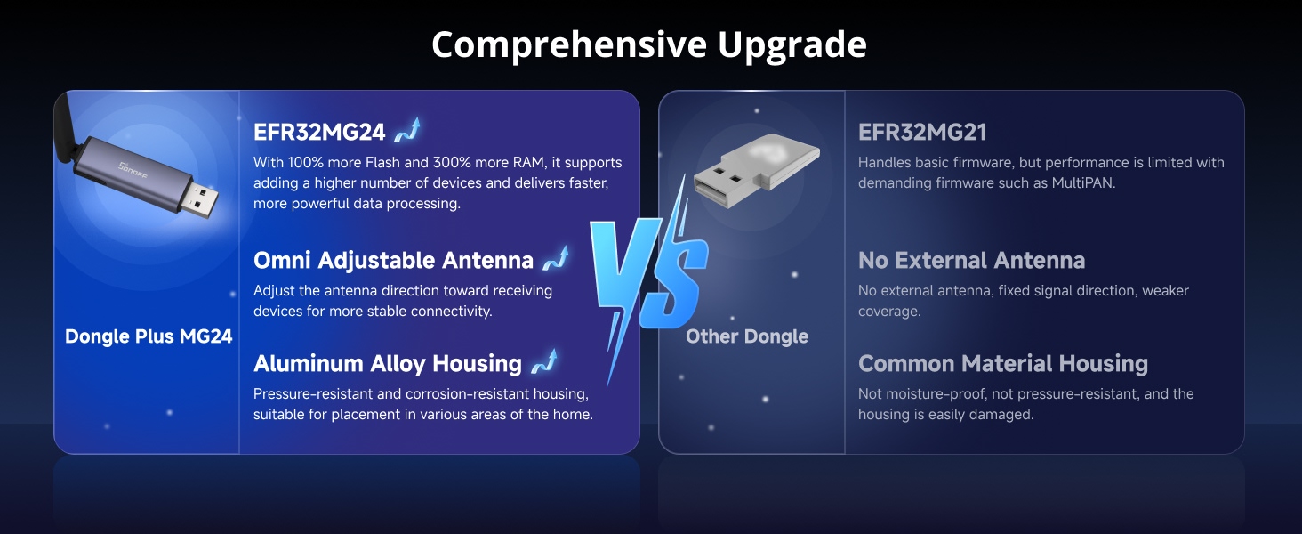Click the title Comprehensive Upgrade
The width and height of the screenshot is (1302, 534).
[x=648, y=45]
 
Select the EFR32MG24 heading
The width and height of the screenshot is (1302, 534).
[x=319, y=133]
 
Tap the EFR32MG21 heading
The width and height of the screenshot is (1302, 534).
[x=922, y=133]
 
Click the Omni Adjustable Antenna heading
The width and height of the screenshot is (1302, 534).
[x=393, y=261]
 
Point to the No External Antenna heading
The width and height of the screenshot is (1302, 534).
[x=972, y=261]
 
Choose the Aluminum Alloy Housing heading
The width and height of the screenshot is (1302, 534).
[x=388, y=364]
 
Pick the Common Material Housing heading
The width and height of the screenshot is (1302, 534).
[x=1003, y=363]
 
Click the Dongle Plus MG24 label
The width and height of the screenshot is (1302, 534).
[x=149, y=336]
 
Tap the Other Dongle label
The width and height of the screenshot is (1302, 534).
[x=747, y=336]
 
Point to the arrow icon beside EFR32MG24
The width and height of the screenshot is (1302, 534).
[x=407, y=130]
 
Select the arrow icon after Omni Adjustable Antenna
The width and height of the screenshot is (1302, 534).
[x=556, y=258]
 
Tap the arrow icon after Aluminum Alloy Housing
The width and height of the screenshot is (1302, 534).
[x=544, y=361]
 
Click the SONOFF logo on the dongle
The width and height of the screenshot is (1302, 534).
[x=133, y=170]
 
